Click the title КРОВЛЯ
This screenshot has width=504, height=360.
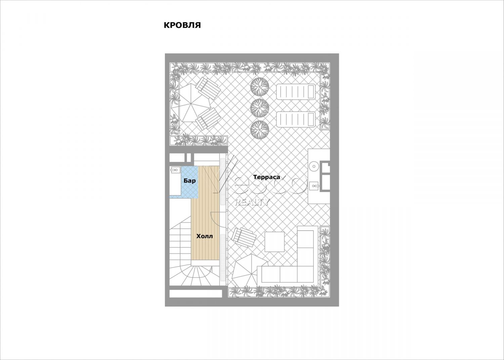point(182,25)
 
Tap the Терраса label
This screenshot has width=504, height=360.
point(267,177)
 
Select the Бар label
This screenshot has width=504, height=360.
point(190,181)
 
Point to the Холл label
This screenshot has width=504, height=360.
point(205,236)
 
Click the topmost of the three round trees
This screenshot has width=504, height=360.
point(260,87)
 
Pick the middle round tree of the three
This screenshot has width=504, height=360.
point(260,108)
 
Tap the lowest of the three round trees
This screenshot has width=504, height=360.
point(260,130)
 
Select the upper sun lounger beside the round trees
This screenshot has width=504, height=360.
point(296,91)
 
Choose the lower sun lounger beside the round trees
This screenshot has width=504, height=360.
point(296,120)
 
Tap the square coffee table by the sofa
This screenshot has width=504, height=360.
point(275,242)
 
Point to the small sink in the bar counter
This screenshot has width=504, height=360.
point(175,170)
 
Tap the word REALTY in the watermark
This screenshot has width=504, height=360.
point(252,202)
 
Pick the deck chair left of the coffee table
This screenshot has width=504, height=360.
point(244,237)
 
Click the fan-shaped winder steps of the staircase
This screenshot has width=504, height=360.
point(191,274)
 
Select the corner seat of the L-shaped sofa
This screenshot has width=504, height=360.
point(305,274)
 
